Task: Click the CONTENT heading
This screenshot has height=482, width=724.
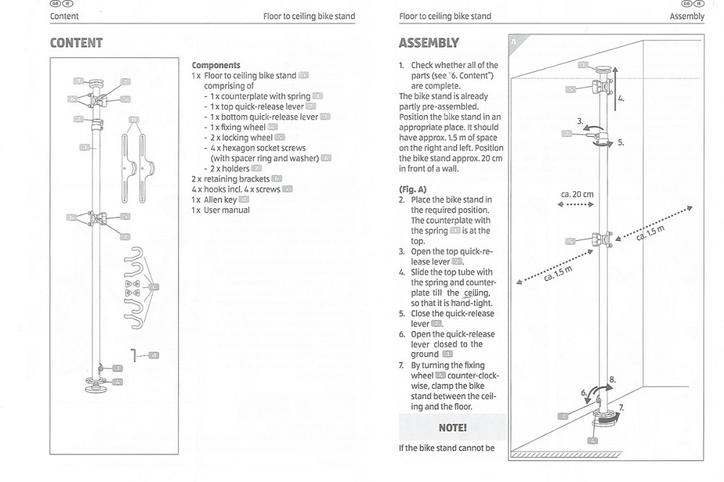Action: pos(76,43)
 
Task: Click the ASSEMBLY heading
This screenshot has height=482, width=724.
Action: pos(429,43)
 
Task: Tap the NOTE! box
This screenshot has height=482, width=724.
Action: pos(452,427)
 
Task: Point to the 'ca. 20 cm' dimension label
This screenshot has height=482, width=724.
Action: pos(577,194)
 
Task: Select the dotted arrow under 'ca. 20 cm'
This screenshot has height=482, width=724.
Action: pos(576,205)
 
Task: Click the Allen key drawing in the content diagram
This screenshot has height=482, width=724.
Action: pos(134,354)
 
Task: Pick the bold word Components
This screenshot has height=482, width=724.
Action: pos(216,65)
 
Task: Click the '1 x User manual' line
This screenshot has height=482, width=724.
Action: pos(220,210)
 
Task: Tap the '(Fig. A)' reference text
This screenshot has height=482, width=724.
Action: pos(414,190)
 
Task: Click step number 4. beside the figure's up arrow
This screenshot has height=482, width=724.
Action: pos(621,97)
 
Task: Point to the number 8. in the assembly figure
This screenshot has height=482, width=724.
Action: pos(613,379)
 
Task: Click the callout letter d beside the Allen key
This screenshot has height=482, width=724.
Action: pos(153,355)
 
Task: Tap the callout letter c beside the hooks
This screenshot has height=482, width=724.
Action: pos(153,287)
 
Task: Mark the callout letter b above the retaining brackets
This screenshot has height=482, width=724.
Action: pos(134,119)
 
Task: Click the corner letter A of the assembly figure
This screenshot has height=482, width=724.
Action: pos(514,41)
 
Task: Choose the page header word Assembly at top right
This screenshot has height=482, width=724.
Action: pos(686,16)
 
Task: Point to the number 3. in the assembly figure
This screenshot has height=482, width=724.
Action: pos(580,120)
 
